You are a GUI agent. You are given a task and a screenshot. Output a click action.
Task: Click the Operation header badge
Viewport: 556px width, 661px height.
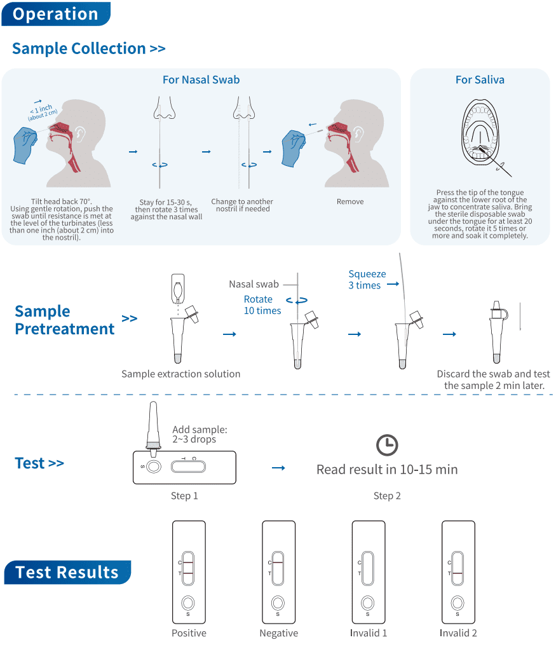click(56, 14)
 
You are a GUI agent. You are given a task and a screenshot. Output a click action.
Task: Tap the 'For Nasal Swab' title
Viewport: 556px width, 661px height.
click(201, 79)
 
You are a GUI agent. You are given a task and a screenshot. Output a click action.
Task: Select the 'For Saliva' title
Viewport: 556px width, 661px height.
click(480, 79)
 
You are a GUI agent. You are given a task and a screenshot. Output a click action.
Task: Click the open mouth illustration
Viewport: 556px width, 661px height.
click(480, 133)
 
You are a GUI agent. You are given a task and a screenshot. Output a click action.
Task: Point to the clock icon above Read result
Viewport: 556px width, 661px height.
click(386, 445)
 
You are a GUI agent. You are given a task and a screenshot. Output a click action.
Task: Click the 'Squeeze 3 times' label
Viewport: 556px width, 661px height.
click(367, 280)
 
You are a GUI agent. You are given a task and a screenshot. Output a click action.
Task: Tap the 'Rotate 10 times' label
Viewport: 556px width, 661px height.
click(262, 305)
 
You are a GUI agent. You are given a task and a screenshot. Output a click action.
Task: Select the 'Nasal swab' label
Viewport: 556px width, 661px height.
click(254, 284)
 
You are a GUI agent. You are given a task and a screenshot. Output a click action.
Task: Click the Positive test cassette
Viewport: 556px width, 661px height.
click(189, 572)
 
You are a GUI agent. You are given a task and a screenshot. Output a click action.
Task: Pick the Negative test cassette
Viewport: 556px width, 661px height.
click(278, 572)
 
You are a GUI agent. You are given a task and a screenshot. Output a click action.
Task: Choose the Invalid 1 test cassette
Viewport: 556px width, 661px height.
click(369, 572)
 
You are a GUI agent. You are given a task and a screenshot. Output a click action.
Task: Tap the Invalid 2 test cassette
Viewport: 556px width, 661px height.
click(458, 572)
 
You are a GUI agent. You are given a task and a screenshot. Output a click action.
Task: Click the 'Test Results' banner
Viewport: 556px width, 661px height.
click(67, 573)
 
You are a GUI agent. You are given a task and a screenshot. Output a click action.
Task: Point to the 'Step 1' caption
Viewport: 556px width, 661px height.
click(184, 496)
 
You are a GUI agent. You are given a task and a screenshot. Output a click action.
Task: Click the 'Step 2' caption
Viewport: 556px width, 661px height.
click(387, 496)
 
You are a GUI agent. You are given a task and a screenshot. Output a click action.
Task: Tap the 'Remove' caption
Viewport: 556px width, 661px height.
click(350, 201)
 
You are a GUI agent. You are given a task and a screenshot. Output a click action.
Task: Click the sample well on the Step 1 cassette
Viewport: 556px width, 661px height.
click(153, 467)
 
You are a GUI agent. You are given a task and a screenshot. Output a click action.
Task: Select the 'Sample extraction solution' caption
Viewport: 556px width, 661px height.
click(181, 374)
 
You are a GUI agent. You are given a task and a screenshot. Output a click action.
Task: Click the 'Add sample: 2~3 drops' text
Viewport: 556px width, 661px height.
click(200, 434)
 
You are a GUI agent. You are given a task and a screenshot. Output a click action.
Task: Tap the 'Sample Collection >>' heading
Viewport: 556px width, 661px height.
click(88, 48)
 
